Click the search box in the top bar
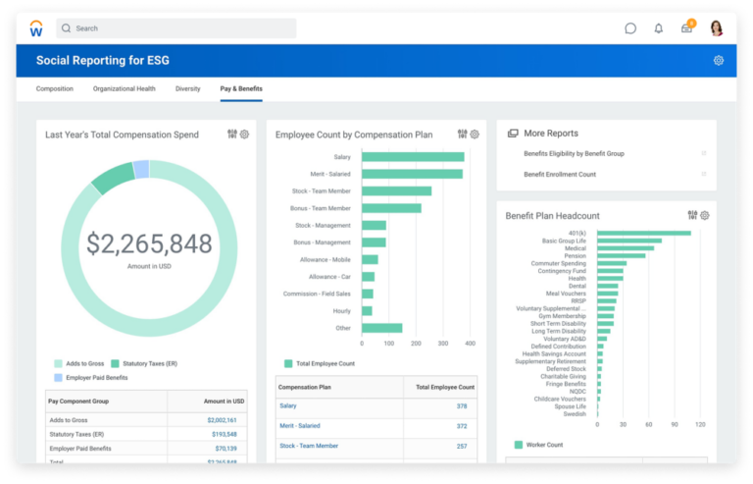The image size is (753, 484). tap(176, 28)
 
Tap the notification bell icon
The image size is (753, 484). tap(659, 28)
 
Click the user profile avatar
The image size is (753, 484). tap(717, 28)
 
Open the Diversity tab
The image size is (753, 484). tap(188, 89)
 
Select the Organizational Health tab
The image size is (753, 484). tap(125, 89)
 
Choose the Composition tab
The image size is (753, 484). tap(55, 89)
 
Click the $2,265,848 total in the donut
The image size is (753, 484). tap(149, 243)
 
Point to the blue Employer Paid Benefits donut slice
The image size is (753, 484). tap(141, 169)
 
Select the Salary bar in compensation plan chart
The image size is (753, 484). tap(413, 156)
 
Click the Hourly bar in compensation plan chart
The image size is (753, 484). tap(367, 310)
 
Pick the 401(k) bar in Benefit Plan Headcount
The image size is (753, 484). tap(643, 233)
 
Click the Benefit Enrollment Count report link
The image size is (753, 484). tap(560, 175)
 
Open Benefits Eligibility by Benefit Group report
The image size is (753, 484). tap(574, 154)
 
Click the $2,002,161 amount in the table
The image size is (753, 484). tap(222, 420)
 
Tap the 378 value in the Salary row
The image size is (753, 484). tap(462, 405)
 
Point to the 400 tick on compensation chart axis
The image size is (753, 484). tap(470, 344)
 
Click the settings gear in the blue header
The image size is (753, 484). tap(719, 61)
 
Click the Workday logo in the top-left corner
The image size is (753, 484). tap(36, 28)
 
